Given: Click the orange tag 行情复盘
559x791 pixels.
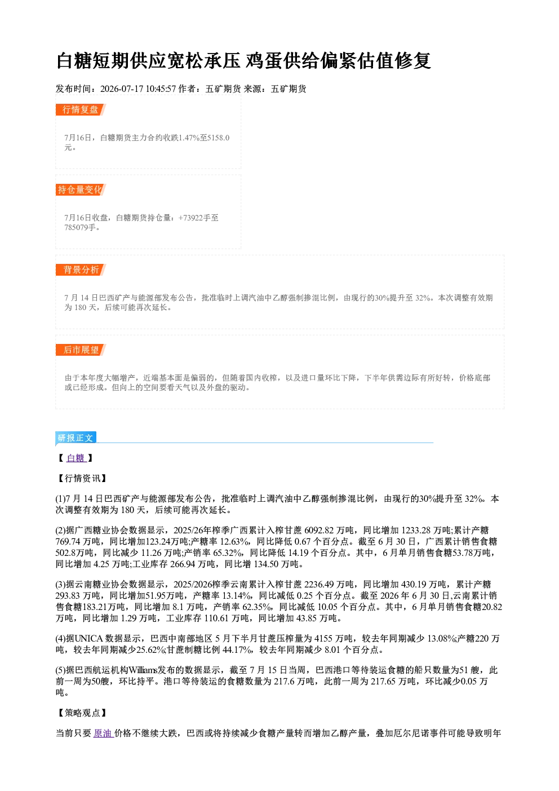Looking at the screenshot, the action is (81, 110).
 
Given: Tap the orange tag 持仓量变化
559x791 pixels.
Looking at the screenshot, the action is (81, 190).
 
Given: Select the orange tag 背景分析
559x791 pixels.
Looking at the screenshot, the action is (81, 270).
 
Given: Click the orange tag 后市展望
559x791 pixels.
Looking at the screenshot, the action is (81, 350).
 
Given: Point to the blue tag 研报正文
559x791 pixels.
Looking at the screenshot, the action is (76, 438).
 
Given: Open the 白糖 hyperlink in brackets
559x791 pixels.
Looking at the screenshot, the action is (76, 458).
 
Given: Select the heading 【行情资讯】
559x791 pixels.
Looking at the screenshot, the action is (82, 479).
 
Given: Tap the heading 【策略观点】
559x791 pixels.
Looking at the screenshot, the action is (82, 713).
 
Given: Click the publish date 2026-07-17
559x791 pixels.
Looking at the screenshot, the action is (122, 89).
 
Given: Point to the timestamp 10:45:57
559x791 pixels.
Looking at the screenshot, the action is (161, 89).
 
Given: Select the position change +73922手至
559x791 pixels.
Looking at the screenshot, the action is (198, 218).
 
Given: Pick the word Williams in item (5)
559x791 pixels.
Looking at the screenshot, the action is (143, 670).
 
